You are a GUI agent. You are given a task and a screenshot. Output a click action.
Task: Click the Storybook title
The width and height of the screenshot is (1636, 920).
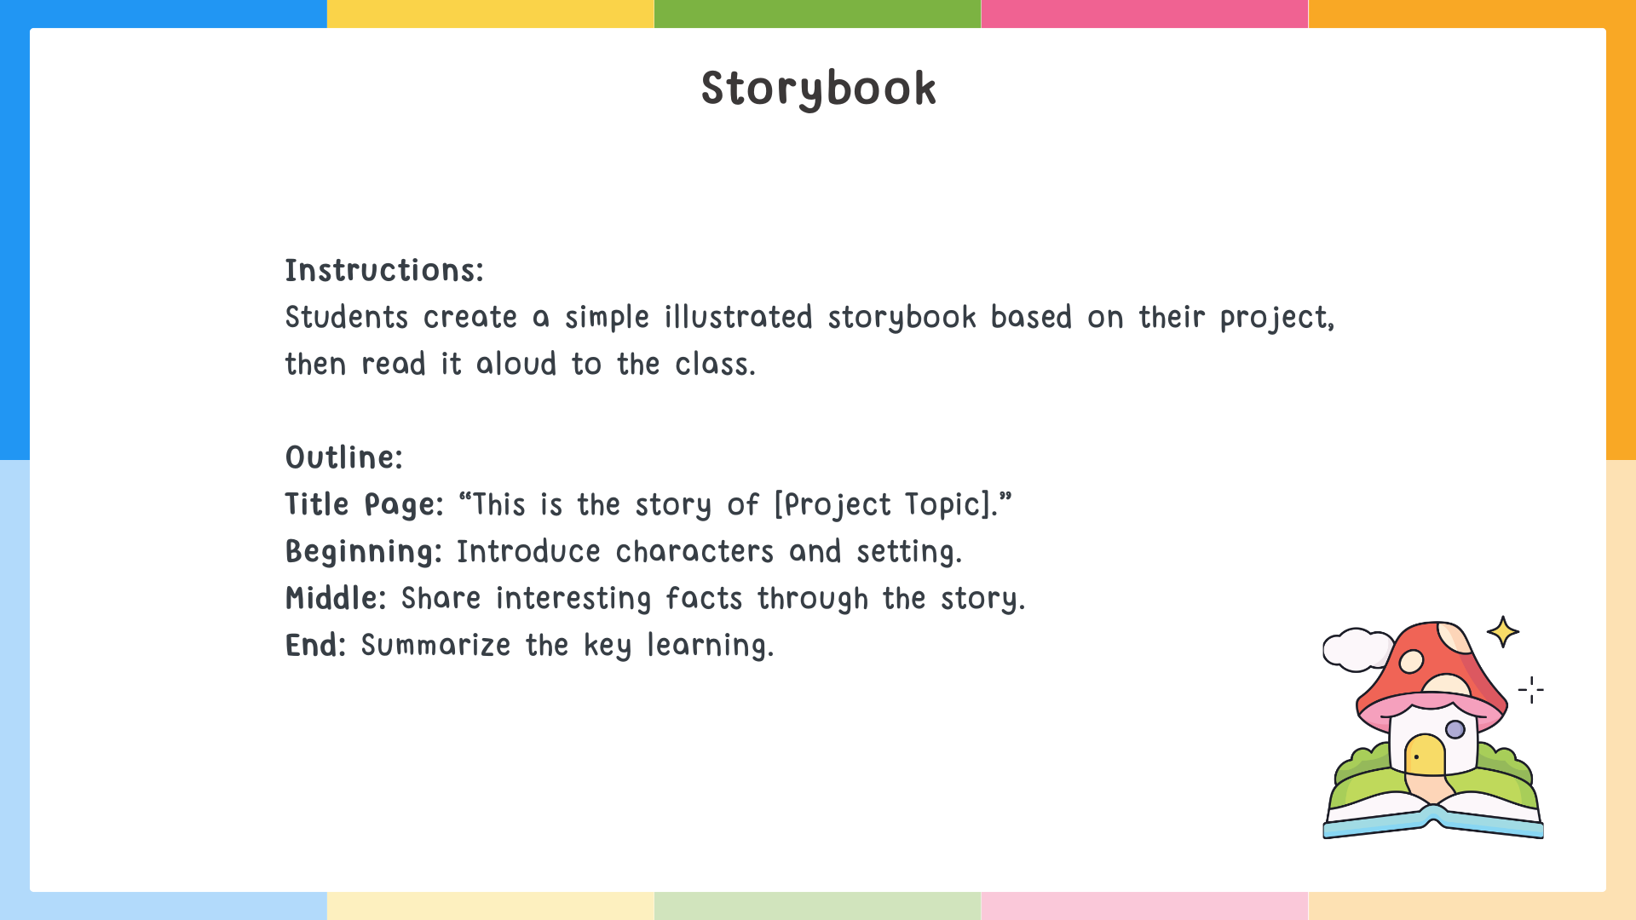pos(818,89)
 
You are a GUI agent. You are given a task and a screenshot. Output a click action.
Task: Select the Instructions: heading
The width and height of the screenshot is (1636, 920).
pos(384,271)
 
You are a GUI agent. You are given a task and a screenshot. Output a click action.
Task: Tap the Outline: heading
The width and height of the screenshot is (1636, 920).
pos(343,458)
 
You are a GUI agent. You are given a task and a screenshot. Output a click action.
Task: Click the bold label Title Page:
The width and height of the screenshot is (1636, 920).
pos(364,505)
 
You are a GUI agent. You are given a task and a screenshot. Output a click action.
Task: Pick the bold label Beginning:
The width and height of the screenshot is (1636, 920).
pos(364,552)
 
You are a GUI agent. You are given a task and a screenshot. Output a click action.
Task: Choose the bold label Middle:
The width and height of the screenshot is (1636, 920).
pos(336,599)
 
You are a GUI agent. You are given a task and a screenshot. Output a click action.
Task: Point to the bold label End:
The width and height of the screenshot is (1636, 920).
pos(315,646)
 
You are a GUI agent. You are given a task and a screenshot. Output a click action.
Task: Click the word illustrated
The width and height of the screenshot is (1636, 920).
pos(738,318)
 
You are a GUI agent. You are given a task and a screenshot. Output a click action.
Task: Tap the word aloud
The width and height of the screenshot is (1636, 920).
pos(516,365)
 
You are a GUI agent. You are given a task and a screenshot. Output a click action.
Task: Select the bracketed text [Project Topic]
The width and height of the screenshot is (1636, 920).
pos(884,505)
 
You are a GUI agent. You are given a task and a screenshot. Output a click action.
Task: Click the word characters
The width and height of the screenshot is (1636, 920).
pos(694,552)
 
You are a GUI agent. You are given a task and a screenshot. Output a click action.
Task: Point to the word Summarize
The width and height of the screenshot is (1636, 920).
pos(435,646)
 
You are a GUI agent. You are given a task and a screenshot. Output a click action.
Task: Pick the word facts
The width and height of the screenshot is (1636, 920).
pos(704,599)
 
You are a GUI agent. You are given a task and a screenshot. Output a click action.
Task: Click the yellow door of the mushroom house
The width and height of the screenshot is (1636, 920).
pos(1425,756)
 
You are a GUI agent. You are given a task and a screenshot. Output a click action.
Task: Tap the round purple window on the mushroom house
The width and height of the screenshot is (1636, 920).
pos(1455,729)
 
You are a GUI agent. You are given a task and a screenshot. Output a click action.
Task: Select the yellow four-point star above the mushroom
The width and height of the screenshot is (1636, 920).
pos(1503,632)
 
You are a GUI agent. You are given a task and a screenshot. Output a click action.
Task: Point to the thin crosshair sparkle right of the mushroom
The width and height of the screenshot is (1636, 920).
pos(1531,690)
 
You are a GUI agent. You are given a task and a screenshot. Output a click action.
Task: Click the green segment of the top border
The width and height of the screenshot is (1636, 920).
pos(817,14)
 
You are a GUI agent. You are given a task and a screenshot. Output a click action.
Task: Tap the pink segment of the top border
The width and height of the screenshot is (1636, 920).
pos(1144,14)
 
